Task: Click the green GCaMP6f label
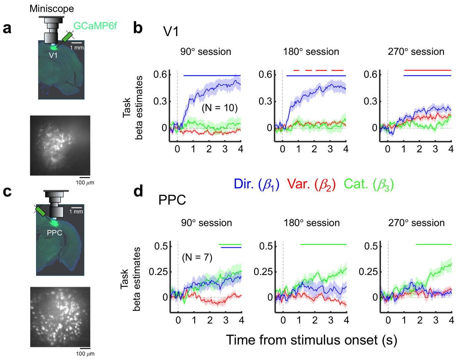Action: coord(95,26)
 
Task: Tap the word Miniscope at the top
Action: coord(52,9)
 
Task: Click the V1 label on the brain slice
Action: coord(53,55)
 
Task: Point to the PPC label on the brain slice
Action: coord(54,233)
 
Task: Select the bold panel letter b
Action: coord(138,28)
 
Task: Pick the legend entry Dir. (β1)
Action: coord(256,184)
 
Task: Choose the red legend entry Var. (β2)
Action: coord(311,184)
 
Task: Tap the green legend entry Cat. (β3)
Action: coord(369,184)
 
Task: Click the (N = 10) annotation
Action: coord(220,108)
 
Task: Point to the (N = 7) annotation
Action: coord(197,257)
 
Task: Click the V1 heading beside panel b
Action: coord(171,32)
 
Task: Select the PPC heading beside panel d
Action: coord(172,200)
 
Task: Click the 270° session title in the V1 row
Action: coord(416,52)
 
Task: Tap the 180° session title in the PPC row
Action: coord(311,223)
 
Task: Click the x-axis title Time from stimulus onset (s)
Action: coord(311,340)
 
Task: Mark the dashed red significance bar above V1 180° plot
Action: coord(318,70)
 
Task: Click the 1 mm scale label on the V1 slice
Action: coord(77,48)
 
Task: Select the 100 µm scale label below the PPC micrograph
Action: coord(85,354)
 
